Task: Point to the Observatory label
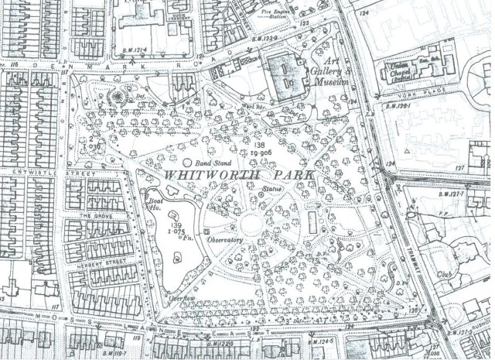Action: pyautogui.click(x=225, y=240)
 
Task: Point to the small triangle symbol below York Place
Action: pyautogui.click(x=407, y=147)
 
